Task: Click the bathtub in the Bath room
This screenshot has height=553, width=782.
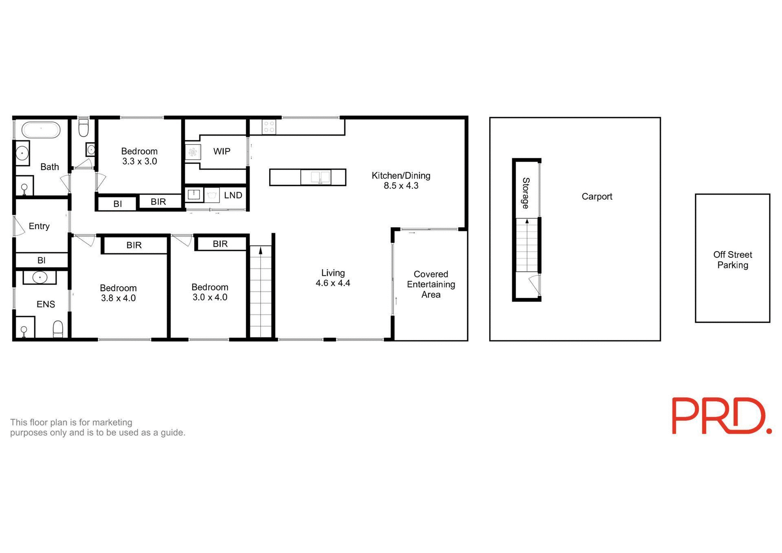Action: coord(41,129)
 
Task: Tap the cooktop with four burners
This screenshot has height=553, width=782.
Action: coord(269,126)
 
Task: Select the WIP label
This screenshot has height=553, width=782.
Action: coord(222,151)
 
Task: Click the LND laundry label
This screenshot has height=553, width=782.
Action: coord(233,195)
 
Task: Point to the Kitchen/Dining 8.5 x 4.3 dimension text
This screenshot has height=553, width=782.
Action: coord(401,186)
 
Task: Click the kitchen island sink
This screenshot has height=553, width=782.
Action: coord(321,178)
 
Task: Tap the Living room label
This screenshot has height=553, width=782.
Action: coord(333,273)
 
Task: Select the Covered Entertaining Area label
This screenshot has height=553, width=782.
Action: coord(431,284)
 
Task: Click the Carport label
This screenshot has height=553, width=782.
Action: coord(597,197)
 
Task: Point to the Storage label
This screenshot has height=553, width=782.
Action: coord(526,193)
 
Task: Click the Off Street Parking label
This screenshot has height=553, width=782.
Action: coord(732,260)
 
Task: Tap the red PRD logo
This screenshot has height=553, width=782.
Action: coord(721,416)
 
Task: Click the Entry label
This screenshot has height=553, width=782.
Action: coord(39,226)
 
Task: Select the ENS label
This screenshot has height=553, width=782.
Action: coord(46,304)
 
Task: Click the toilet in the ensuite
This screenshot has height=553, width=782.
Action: coord(58,329)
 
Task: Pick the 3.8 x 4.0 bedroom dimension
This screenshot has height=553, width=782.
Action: coord(118,298)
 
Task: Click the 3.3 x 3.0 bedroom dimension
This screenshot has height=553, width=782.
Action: coord(139,161)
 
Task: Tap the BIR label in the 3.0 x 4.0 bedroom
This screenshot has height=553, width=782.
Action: coord(220,244)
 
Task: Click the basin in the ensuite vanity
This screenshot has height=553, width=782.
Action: coord(40,278)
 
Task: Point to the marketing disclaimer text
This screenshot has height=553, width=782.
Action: coord(97,428)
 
